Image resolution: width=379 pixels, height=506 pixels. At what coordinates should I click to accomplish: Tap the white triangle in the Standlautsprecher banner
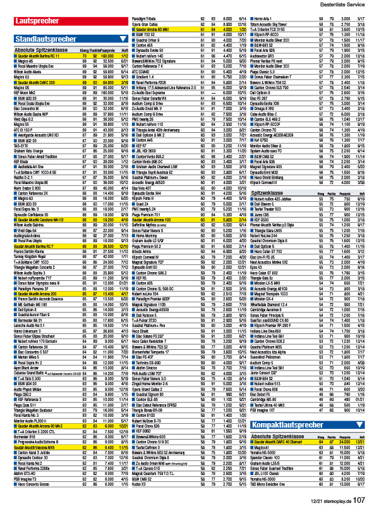click(123, 39)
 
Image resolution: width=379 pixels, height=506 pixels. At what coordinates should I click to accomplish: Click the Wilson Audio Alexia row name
click(29, 73)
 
